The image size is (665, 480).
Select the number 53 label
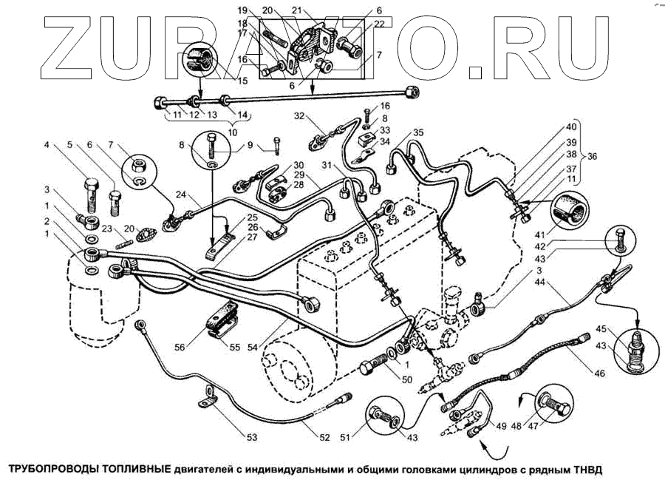tap(251, 438)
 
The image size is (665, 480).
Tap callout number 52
tap(324, 437)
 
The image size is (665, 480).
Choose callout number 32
tap(299, 116)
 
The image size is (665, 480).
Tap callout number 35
tap(418, 133)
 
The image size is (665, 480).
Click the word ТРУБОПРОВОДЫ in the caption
tap(53, 469)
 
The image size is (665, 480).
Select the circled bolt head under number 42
tap(618, 237)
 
